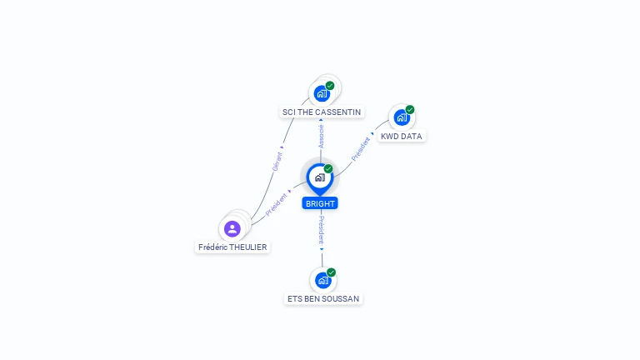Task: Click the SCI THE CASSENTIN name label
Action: pos(322,112)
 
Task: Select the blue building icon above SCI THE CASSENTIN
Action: pos(322,94)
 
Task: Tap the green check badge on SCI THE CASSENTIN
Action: pos(330,86)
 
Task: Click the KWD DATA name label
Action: pos(401,136)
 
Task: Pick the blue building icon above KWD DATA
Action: pos(402,117)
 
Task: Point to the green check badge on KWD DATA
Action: pos(410,110)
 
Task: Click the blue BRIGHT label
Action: pos(320,203)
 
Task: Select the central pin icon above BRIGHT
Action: pos(319,177)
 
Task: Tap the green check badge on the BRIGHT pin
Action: pos(328,169)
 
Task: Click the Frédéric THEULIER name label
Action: pos(232,247)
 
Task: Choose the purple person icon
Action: pos(232,228)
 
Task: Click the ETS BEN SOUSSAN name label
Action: pos(323,298)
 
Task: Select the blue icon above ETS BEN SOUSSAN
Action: pos(322,281)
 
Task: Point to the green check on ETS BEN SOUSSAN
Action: pos(332,272)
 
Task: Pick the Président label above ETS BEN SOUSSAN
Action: pos(322,229)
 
